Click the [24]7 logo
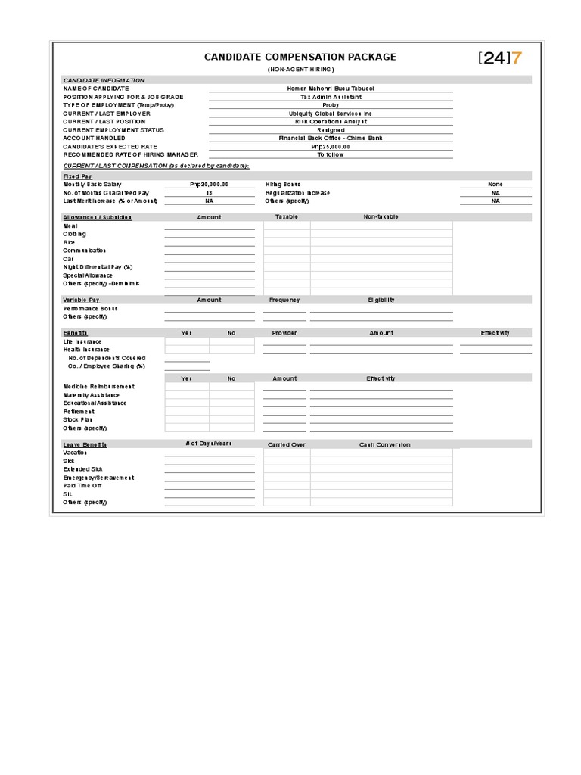(x=500, y=58)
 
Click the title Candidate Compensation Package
(x=300, y=57)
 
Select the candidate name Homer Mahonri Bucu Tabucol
(x=331, y=89)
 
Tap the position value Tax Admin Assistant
(x=331, y=97)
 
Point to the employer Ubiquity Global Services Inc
(x=331, y=114)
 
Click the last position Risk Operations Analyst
(x=331, y=122)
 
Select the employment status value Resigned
(x=331, y=130)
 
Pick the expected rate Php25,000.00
(x=331, y=147)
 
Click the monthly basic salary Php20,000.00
(x=210, y=185)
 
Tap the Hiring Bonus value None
(x=496, y=185)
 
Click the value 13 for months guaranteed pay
(x=210, y=193)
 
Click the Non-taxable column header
(x=381, y=217)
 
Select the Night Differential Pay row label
(x=98, y=267)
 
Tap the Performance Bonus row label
(x=91, y=309)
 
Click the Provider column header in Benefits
(x=284, y=333)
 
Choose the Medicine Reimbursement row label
(x=99, y=387)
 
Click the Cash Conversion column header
(x=384, y=445)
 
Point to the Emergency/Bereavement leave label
(x=98, y=478)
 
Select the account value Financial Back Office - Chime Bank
(x=331, y=139)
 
